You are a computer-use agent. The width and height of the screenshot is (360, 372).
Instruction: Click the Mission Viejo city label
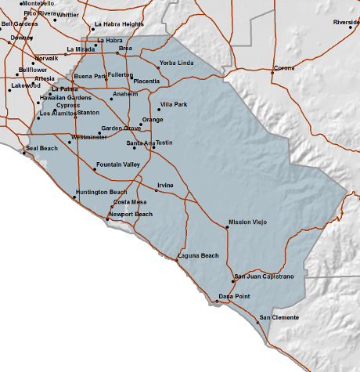248,222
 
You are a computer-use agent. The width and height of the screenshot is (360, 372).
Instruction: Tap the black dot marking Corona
272,72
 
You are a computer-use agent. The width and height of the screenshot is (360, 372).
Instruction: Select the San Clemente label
279,316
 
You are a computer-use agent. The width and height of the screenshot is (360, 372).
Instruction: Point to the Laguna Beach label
199,256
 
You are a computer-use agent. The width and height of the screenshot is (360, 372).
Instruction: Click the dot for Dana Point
218,301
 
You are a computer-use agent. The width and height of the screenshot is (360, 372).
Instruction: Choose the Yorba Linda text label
175,63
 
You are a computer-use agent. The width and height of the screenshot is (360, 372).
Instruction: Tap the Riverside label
346,22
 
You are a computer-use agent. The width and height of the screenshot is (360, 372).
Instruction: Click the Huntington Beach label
102,192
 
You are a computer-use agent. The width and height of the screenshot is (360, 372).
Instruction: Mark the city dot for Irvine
156,190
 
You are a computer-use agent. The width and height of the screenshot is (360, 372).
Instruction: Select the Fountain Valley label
117,164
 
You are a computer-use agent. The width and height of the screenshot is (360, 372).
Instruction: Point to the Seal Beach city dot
24,153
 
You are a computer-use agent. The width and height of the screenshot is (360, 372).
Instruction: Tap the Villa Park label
174,104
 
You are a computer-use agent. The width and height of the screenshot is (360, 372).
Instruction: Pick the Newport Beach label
131,214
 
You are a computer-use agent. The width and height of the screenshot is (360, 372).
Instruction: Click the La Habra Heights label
119,25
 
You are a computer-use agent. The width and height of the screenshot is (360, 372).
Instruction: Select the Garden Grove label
121,128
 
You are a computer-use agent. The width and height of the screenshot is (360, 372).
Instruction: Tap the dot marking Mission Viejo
227,227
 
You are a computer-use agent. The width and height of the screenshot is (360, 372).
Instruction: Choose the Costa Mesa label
130,202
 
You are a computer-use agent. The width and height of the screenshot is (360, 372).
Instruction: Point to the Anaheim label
125,94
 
